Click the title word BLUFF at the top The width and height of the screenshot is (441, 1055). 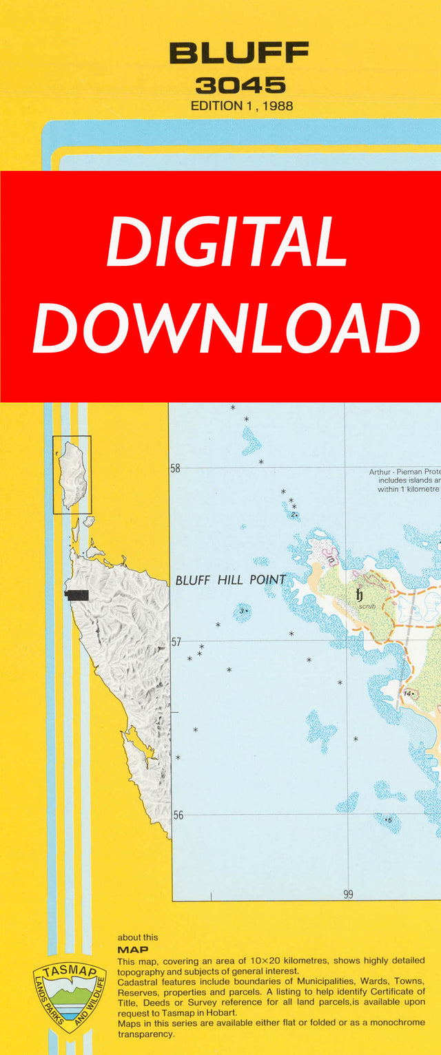pyautogui.click(x=239, y=53)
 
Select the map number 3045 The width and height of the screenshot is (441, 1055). pyautogui.click(x=240, y=85)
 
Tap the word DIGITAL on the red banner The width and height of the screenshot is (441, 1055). pyautogui.click(x=226, y=242)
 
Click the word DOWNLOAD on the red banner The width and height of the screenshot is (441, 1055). pyautogui.click(x=226, y=328)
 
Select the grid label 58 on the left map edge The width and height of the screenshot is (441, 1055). pyautogui.click(x=176, y=468)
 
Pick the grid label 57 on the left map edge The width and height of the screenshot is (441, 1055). pyautogui.click(x=176, y=642)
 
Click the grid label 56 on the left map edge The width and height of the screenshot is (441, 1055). pyautogui.click(x=177, y=815)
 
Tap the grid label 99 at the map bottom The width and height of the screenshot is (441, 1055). pyautogui.click(x=348, y=894)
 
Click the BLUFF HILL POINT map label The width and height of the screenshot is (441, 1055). pyautogui.click(x=230, y=580)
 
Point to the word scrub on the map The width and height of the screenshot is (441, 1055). pyautogui.click(x=367, y=607)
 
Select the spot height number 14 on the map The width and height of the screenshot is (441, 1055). pyautogui.click(x=407, y=693)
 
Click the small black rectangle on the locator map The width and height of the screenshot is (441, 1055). pyautogui.click(x=77, y=594)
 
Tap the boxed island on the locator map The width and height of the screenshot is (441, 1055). pyautogui.click(x=72, y=474)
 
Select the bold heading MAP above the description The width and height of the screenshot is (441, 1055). pyautogui.click(x=133, y=949)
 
